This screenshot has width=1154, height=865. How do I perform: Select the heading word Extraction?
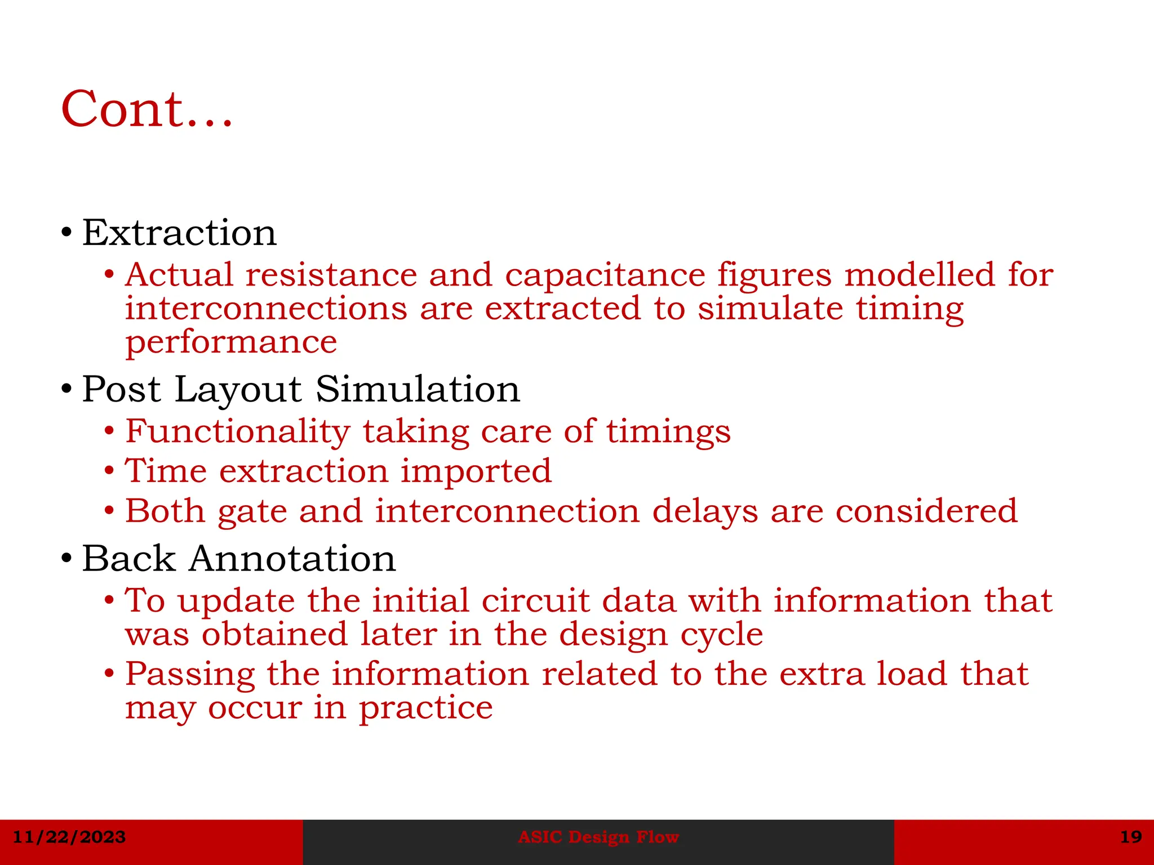click(x=179, y=233)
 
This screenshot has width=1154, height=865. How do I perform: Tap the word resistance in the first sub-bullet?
click(x=331, y=275)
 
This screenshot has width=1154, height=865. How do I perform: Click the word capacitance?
click(x=605, y=275)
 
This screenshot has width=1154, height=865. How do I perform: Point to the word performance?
click(x=231, y=343)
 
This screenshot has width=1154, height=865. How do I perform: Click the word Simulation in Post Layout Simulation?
click(x=418, y=389)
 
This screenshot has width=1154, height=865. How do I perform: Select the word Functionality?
click(x=237, y=432)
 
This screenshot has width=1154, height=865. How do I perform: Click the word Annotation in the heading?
click(x=292, y=559)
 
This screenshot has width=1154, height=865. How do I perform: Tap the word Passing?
click(x=189, y=674)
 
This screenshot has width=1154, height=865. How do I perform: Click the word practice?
click(x=425, y=708)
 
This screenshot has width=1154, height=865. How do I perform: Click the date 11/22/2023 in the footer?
click(x=69, y=837)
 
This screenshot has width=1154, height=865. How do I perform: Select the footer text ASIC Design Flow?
click(x=598, y=837)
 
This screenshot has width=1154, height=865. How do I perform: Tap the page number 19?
click(x=1130, y=837)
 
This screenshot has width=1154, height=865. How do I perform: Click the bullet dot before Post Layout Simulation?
click(x=66, y=389)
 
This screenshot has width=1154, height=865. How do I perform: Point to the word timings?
click(x=668, y=432)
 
